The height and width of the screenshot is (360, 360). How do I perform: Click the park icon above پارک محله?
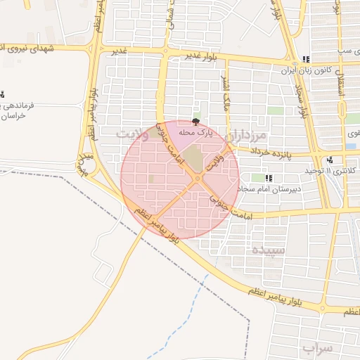click(x=195, y=122)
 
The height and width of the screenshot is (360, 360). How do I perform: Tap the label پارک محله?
click(x=195, y=132)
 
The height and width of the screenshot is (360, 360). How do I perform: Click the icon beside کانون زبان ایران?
click(x=305, y=60)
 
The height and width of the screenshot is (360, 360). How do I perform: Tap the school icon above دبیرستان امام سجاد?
click(x=270, y=178)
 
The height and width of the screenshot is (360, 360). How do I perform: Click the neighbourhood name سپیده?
click(x=268, y=250)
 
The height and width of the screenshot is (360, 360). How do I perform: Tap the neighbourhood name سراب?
click(x=317, y=348)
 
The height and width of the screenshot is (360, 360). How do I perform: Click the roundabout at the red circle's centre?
click(x=198, y=179)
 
